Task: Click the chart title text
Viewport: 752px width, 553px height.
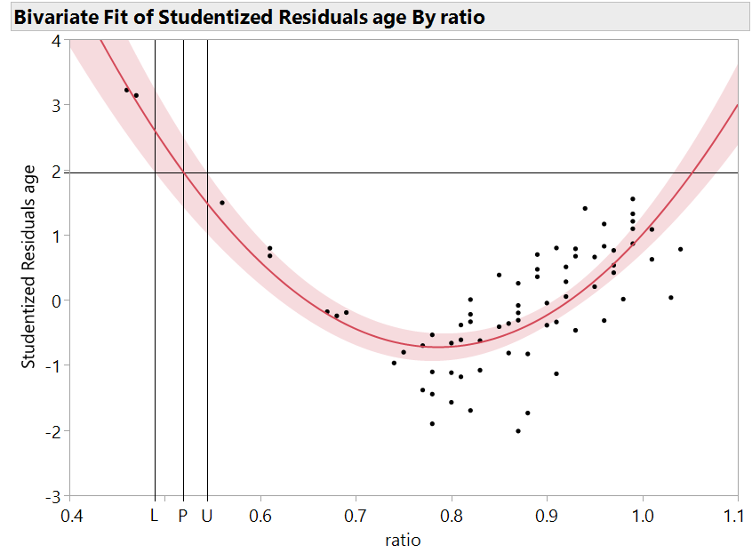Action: pos(250,17)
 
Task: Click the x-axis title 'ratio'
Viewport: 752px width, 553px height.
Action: pos(403,540)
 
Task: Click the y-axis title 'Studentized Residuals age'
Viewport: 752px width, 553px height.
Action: pos(28,267)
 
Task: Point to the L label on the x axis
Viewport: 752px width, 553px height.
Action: pos(154,515)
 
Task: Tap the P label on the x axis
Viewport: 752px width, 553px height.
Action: pos(183,515)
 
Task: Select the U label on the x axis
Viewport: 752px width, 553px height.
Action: pos(207,515)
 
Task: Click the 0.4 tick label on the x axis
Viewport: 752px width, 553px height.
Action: pos(70,515)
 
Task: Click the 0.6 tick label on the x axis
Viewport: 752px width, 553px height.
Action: pos(260,515)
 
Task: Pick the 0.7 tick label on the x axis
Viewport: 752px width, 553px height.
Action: pos(356,515)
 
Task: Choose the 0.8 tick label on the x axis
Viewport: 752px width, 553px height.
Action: pos(452,515)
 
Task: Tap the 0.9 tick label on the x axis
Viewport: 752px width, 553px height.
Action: pos(547,515)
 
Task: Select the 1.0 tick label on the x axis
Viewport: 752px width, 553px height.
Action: pos(642,515)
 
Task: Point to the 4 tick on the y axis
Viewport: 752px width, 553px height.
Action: pos(56,40)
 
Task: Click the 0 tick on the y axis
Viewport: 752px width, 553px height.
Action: pos(56,301)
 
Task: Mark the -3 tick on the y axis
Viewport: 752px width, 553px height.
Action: pos(52,495)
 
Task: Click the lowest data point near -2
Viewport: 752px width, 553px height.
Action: pos(518,431)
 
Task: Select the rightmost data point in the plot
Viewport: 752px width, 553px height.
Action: pos(680,249)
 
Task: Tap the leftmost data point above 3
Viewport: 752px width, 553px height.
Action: pos(126,90)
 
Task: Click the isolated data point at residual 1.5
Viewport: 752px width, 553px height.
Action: pos(222,203)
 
